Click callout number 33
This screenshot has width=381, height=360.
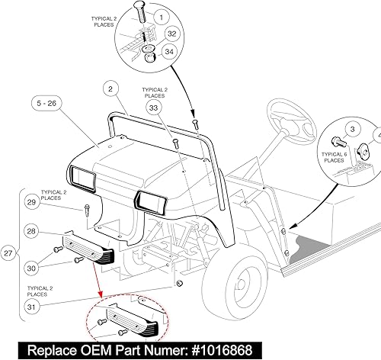[x=154, y=109]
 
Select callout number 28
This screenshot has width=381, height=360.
[x=31, y=230]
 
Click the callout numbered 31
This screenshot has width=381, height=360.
[x=31, y=307]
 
